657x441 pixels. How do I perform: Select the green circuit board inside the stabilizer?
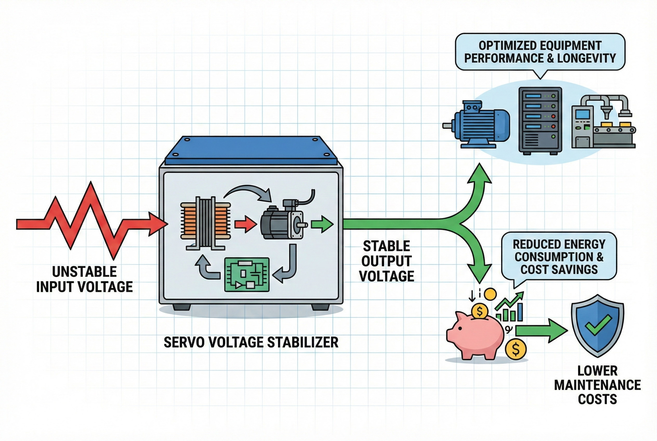247,274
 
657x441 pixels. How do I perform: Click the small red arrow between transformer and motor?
245,224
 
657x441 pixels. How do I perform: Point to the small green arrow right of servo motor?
323,224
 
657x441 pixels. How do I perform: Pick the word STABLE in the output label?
386,247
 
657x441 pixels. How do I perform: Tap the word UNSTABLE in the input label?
84,272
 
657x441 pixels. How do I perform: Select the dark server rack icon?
540,120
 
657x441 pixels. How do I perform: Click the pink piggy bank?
475,336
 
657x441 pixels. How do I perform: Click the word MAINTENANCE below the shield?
597,385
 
